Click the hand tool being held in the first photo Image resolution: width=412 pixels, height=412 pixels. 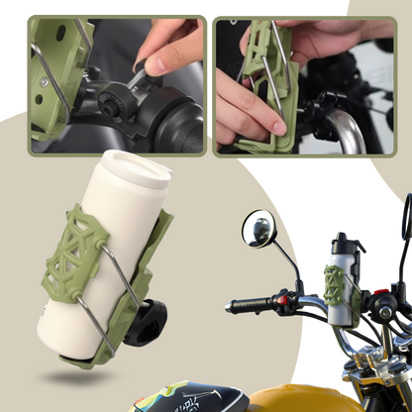point(139,65)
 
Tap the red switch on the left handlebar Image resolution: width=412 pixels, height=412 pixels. point(281,296)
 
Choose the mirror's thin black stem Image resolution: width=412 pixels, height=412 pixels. point(284,261)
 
